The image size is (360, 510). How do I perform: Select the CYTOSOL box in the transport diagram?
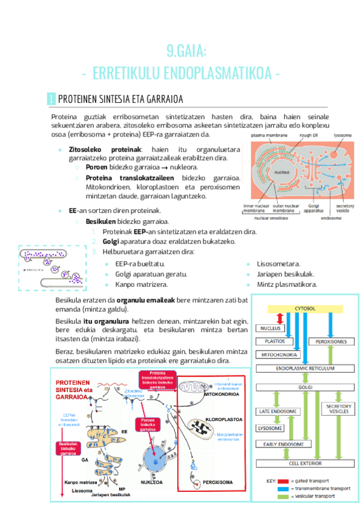pos(305,309)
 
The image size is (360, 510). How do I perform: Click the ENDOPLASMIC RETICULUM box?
pos(305,367)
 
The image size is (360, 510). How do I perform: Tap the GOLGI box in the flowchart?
pos(305,387)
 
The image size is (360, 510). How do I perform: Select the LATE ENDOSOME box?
pos(278,411)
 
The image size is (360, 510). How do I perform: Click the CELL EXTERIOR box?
pos(305,463)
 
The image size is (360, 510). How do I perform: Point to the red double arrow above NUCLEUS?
pos(279,318)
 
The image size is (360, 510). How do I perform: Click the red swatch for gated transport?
pos(284,481)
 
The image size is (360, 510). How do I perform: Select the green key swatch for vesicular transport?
pos(284,497)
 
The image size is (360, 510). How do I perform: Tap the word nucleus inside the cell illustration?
pos(283,173)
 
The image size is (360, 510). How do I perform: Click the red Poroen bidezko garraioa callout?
pos(148,425)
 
